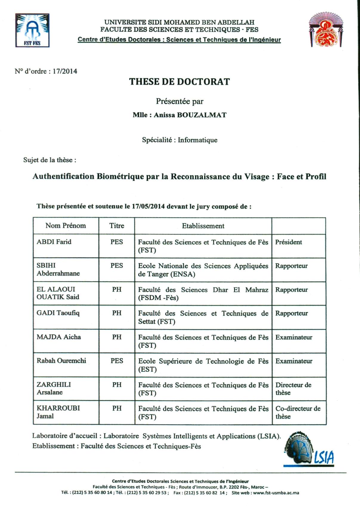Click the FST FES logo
32,30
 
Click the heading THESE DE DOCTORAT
179,82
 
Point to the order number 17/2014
65,71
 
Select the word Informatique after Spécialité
197,140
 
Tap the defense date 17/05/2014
148,206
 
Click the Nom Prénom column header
66,226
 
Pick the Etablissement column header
203,226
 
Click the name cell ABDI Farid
54,242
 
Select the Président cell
288,242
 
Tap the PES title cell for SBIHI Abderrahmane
117,266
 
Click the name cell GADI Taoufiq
58,313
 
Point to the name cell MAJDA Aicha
59,337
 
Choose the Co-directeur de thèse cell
298,412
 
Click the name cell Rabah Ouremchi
61,361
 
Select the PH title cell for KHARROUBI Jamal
117,409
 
